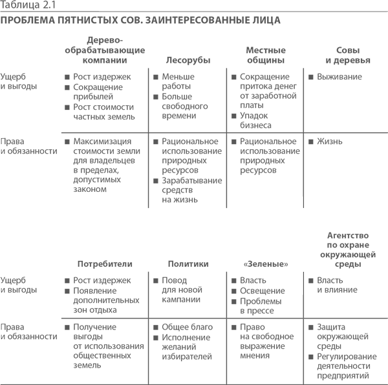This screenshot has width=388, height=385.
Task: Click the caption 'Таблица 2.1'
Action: click(x=28, y=5)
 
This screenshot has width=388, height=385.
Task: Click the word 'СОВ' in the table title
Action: click(x=131, y=20)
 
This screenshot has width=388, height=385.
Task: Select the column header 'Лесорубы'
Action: click(x=188, y=60)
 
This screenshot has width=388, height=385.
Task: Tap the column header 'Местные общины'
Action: click(x=266, y=55)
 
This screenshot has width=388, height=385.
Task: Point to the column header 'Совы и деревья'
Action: click(x=348, y=55)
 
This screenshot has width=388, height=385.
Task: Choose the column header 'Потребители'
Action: click(x=105, y=264)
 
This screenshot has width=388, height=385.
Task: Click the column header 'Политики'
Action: click(x=188, y=264)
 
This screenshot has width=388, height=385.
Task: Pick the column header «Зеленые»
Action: click(x=266, y=264)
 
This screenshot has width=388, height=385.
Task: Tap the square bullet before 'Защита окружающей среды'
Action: click(x=311, y=328)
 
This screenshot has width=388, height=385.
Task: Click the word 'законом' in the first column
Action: click(x=90, y=189)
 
